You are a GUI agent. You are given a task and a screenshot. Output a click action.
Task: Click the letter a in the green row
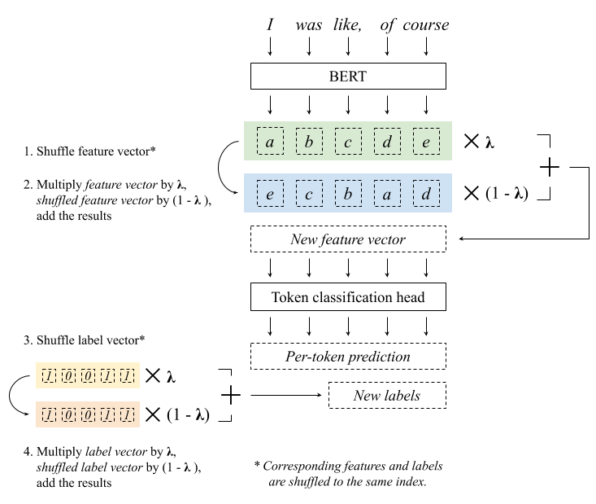click(x=270, y=141)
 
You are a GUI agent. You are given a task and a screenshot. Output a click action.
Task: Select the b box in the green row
click(x=309, y=141)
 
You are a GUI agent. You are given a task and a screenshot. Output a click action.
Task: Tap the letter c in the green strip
click(x=348, y=141)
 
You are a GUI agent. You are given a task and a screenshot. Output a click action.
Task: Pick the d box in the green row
click(x=387, y=141)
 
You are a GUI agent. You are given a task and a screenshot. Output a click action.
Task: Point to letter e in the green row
click(x=426, y=141)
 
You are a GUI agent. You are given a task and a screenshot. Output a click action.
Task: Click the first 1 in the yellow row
click(x=49, y=375)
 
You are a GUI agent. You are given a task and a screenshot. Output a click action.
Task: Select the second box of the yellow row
click(x=68, y=375)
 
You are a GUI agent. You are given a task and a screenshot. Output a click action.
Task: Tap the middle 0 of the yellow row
click(x=88, y=375)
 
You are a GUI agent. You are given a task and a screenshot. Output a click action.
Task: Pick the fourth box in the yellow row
click(x=107, y=375)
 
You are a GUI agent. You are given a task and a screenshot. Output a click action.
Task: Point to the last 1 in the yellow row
click(x=127, y=375)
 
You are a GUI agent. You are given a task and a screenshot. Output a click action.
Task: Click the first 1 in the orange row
click(x=49, y=414)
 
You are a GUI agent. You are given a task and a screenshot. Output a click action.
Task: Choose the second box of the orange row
click(x=68, y=414)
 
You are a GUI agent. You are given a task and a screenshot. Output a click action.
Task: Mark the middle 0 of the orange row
click(x=88, y=414)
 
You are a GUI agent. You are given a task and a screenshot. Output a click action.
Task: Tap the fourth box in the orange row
click(x=107, y=414)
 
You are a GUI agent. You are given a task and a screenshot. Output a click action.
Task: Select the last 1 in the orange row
click(x=127, y=414)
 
